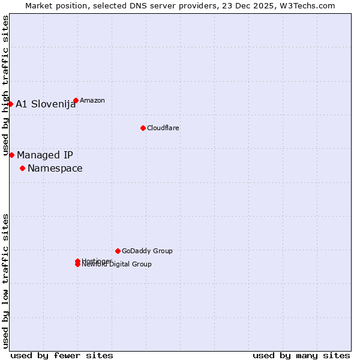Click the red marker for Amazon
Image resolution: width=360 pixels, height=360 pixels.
pyautogui.click(x=76, y=100)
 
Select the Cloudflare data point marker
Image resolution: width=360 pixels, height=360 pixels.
pyautogui.click(x=143, y=128)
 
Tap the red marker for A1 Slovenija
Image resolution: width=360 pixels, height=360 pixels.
pyautogui.click(x=10, y=104)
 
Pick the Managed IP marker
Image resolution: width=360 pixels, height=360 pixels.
pyautogui.click(x=11, y=155)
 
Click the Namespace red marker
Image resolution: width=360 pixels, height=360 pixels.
pyautogui.click(x=22, y=168)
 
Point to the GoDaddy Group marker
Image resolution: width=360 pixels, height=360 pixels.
pyautogui.click(x=118, y=251)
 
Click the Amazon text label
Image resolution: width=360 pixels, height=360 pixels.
pyautogui.click(x=92, y=100)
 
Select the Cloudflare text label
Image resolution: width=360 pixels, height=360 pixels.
pyautogui.click(x=163, y=128)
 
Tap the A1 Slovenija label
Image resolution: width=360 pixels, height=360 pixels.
pyautogui.click(x=46, y=104)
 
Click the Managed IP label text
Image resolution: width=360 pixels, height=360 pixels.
pyautogui.click(x=45, y=155)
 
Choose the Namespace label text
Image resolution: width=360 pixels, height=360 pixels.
pyautogui.click(x=55, y=168)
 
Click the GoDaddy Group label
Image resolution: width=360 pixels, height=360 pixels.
pyautogui.click(x=147, y=251)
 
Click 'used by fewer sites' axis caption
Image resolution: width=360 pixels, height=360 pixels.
pyautogui.click(x=62, y=355)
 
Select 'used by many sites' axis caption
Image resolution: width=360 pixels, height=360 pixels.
pyautogui.click(x=301, y=355)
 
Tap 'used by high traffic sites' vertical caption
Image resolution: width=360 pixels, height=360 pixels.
pyautogui.click(x=6, y=86)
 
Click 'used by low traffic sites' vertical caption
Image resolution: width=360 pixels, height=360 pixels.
pyautogui.click(x=6, y=280)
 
